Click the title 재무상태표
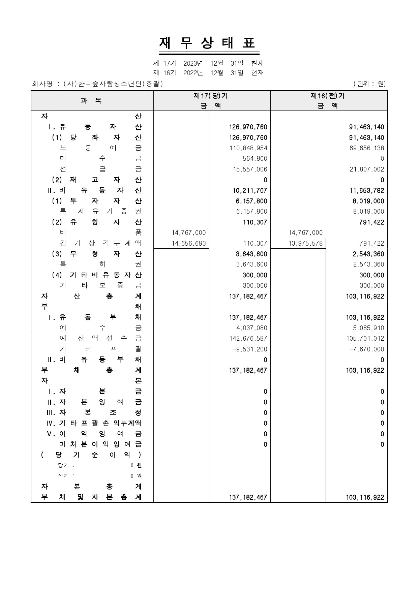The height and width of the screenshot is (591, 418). [x=209, y=43]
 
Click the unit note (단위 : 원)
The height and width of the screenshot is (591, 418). [x=369, y=84]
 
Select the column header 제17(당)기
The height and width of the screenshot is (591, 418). [x=211, y=96]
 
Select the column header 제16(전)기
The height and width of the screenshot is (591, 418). [x=328, y=96]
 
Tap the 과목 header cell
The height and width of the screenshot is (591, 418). [x=92, y=100]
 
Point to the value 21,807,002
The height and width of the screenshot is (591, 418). [x=366, y=169]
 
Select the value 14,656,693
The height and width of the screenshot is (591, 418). [x=188, y=243]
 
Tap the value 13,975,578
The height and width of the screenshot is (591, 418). [x=305, y=243]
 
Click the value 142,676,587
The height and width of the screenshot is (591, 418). [x=248, y=338]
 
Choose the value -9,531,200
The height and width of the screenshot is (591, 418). [x=249, y=349]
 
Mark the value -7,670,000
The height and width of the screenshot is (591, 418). [x=366, y=349]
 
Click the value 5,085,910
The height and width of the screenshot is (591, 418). [x=366, y=328]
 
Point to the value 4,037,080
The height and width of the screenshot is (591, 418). [x=251, y=328]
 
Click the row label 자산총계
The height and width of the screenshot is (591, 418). [x=91, y=296]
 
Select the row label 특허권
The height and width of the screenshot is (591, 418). [x=100, y=265]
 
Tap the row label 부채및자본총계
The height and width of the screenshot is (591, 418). [x=91, y=497]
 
